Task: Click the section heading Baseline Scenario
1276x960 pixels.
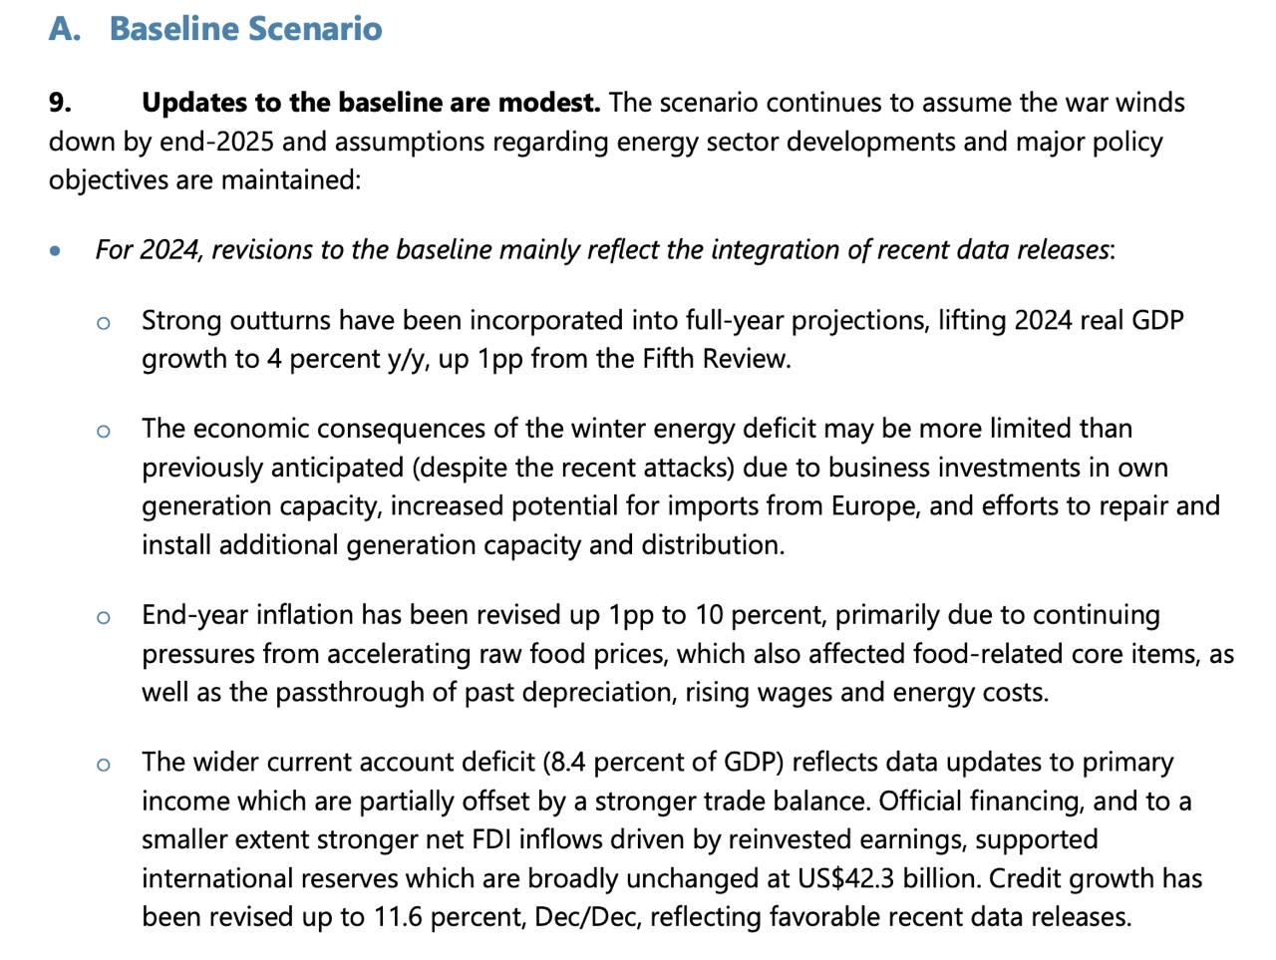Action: click(245, 28)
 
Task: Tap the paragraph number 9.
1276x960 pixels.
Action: click(60, 103)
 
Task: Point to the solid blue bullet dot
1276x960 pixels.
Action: click(56, 251)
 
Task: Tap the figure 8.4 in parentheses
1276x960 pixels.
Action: click(567, 763)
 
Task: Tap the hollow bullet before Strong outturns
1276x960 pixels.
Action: click(104, 322)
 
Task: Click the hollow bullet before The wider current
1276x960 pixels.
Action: click(104, 765)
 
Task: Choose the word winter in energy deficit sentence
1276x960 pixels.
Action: click(608, 429)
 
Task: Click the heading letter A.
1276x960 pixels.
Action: click(63, 28)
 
